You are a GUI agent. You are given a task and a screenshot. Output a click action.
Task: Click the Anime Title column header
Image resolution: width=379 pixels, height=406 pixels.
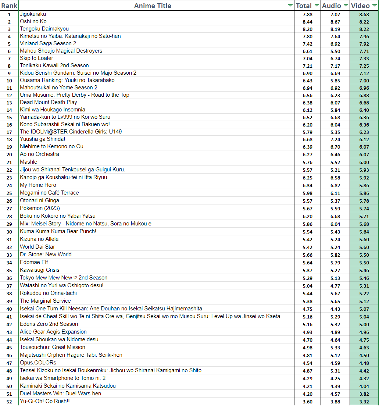(153, 6)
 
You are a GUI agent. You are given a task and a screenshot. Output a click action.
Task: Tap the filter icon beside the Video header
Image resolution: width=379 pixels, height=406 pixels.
(374, 6)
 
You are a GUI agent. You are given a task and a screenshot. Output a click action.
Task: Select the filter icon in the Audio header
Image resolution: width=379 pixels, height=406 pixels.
(346, 6)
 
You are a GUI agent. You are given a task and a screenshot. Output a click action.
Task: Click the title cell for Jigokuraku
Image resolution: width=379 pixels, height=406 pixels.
(33, 14)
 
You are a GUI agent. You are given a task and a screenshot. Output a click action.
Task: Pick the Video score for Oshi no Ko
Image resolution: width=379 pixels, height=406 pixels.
(364, 22)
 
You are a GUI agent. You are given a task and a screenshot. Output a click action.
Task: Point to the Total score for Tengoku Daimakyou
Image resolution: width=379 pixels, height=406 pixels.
(307, 29)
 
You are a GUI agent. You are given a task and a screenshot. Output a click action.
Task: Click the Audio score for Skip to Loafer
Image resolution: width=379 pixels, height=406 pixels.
(335, 58)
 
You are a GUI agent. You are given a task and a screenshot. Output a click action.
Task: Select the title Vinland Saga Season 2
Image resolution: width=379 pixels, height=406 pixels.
(48, 43)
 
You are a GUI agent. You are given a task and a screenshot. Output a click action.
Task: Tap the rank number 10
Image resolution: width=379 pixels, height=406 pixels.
(9, 81)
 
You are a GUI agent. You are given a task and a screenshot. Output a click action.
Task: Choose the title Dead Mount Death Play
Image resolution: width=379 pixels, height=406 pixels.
(49, 102)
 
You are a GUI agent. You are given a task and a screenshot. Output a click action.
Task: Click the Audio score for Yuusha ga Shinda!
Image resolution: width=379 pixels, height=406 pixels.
(335, 139)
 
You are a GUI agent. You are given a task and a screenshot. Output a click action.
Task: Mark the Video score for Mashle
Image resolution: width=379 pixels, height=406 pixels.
(364, 162)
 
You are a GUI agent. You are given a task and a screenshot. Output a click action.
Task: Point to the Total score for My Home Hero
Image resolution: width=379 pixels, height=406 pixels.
(307, 185)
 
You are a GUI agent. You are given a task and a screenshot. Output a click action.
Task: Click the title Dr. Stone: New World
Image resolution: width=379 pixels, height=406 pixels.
(46, 254)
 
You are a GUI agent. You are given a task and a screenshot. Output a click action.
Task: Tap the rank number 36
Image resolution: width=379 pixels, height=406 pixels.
(9, 278)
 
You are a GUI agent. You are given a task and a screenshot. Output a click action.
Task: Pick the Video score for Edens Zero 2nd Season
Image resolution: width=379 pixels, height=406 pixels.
(364, 324)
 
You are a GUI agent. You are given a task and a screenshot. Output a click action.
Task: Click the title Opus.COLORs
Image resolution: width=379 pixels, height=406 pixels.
(38, 363)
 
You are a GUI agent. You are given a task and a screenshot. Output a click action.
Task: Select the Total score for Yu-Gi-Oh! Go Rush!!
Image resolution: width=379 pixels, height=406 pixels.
(307, 402)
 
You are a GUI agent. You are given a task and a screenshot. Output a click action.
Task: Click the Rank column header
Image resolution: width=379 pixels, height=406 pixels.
(9, 6)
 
